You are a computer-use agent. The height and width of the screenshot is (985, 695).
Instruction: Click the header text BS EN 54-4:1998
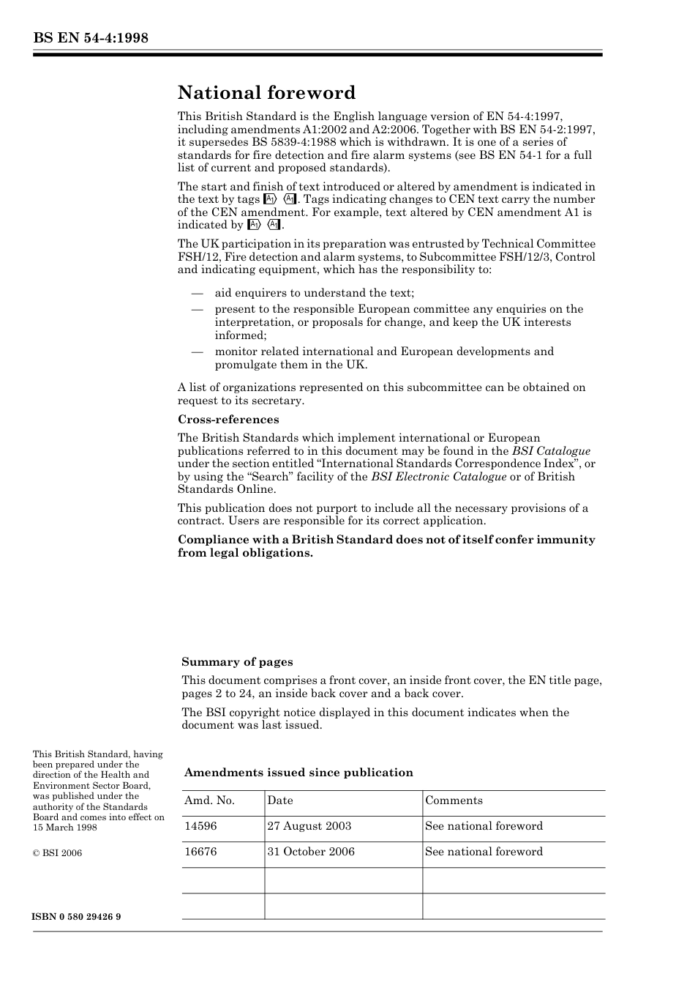91,38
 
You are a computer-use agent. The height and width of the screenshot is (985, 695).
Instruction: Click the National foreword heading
266,93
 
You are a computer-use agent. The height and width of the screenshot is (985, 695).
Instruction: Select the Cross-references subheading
228,420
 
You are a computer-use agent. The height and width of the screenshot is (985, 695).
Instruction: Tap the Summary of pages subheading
237,662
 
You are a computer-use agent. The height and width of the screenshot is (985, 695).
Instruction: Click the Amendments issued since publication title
298,773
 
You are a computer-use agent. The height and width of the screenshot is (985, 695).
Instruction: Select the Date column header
280,800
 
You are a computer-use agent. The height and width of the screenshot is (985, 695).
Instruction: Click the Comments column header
454,800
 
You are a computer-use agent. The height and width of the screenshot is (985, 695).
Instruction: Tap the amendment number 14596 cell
200,826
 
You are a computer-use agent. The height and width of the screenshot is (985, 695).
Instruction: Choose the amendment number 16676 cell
200,852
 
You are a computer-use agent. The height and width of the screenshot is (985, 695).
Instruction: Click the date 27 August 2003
309,826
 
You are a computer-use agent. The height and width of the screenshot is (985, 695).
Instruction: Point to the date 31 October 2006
311,852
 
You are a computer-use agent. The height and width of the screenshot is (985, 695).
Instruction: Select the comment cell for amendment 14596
484,826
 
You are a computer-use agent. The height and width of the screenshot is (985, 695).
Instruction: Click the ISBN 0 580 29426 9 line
77,917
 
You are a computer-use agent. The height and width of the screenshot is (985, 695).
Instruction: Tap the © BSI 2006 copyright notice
57,853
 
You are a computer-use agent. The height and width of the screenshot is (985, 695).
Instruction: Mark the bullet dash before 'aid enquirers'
197,294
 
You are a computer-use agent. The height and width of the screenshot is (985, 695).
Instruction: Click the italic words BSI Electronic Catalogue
438,477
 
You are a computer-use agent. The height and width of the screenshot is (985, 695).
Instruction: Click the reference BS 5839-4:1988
268,142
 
